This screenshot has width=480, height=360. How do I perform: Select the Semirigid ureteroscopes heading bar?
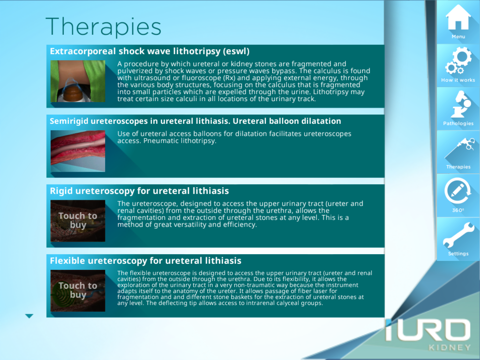pos(195,120)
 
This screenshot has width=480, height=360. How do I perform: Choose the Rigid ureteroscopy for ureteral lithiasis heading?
pos(139,189)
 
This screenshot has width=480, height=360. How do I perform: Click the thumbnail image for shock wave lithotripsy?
pos(78,82)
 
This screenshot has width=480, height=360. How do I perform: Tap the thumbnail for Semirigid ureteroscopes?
pos(78,149)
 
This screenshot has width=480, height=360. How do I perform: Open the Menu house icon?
pos(457,17)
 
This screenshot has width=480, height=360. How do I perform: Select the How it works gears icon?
pos(457,63)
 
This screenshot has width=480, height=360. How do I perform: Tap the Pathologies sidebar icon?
pos(457,105)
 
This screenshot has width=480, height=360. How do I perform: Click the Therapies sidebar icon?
pos(457,148)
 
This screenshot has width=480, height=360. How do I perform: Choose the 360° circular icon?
pos(457,189)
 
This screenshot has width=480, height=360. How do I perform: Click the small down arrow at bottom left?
pos(29,316)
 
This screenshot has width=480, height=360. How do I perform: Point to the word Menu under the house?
pos(457,36)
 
